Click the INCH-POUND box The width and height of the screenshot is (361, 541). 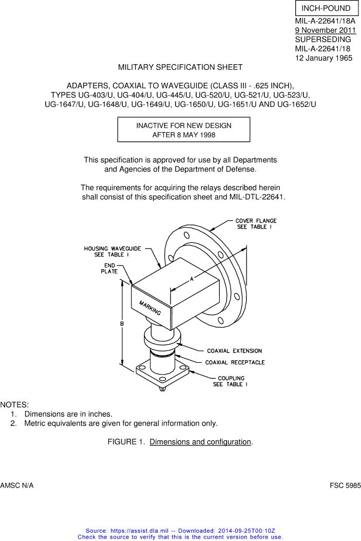(327, 8)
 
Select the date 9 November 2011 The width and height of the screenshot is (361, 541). (325, 30)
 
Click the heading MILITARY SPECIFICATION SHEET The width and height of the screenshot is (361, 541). (180, 67)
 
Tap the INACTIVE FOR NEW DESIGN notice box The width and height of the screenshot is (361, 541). (184, 130)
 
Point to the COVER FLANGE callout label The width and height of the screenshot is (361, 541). (256, 223)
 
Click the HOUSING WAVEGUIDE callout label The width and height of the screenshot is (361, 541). (112, 252)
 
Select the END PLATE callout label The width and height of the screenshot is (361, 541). (109, 268)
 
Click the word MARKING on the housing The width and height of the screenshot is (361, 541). (150, 307)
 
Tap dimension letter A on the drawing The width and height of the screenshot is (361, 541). (192, 279)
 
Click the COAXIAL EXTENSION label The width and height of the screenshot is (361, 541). (235, 351)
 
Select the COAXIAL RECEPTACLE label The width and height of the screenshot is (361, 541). (235, 362)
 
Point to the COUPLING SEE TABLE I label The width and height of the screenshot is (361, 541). (231, 381)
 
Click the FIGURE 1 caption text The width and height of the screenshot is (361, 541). (180, 442)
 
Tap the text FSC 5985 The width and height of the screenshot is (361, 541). (345, 486)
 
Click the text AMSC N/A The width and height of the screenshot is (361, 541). (17, 486)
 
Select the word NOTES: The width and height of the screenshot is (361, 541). (14, 405)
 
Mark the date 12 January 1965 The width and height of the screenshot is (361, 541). (324, 58)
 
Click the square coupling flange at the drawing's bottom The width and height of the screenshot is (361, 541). (162, 375)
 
